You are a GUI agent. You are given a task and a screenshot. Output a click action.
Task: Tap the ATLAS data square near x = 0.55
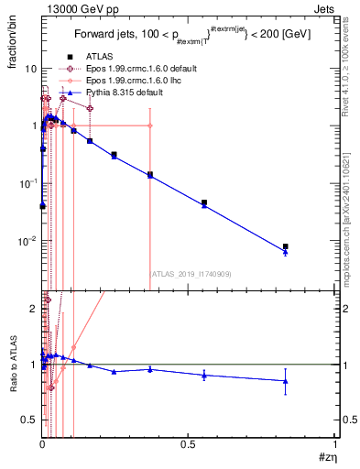click(204, 202)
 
